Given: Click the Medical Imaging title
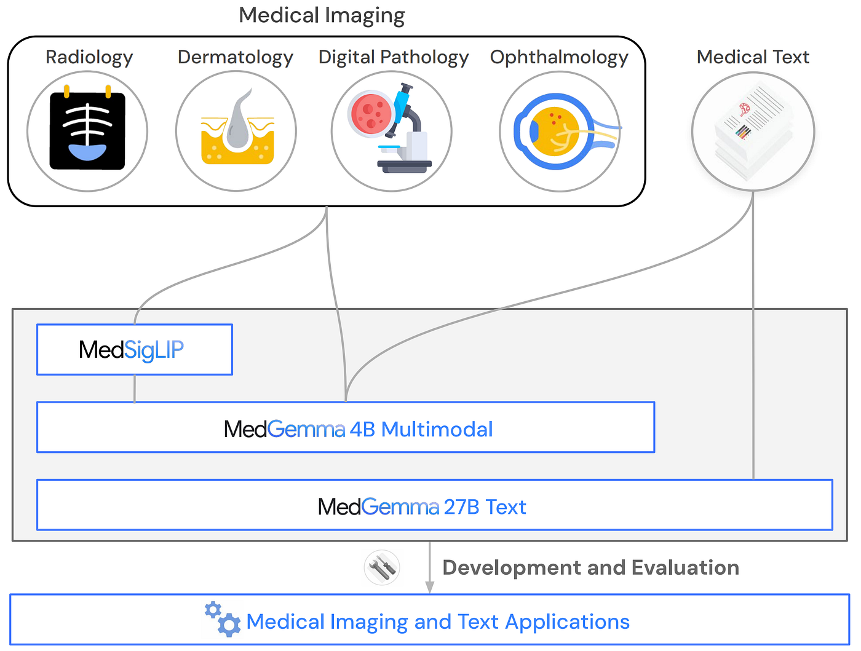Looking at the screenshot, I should pyautogui.click(x=322, y=15).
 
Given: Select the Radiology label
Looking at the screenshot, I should pyautogui.click(x=89, y=57).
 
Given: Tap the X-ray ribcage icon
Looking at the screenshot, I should pyautogui.click(x=87, y=131).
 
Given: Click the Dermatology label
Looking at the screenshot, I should pyautogui.click(x=236, y=57).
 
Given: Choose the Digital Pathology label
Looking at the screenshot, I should pyautogui.click(x=394, y=57).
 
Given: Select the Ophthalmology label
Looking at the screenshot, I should pyautogui.click(x=559, y=57).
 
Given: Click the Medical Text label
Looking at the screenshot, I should pyautogui.click(x=753, y=57).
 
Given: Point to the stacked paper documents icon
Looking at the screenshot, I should pyautogui.click(x=753, y=131).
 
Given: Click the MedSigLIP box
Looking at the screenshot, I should pyautogui.click(x=135, y=350).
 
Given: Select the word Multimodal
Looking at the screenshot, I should pyautogui.click(x=437, y=429).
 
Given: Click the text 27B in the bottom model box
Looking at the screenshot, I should pyautogui.click(x=461, y=507).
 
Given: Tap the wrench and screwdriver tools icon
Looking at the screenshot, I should pyautogui.click(x=382, y=567).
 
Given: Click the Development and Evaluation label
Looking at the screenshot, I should pyautogui.click(x=590, y=567).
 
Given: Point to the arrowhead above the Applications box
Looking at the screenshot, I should pyautogui.click(x=429, y=587).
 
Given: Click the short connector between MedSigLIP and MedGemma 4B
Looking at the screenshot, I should pyautogui.click(x=135, y=389).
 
